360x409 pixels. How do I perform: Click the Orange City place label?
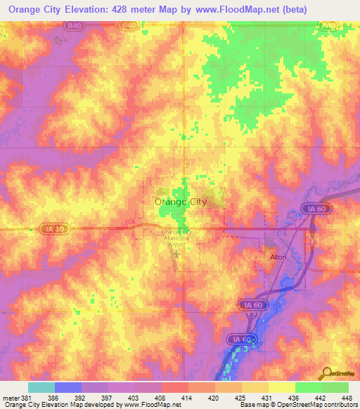(x=180, y=202)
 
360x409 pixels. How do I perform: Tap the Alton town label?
(x=280, y=257)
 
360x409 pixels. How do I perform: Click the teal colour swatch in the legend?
(x=41, y=387)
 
